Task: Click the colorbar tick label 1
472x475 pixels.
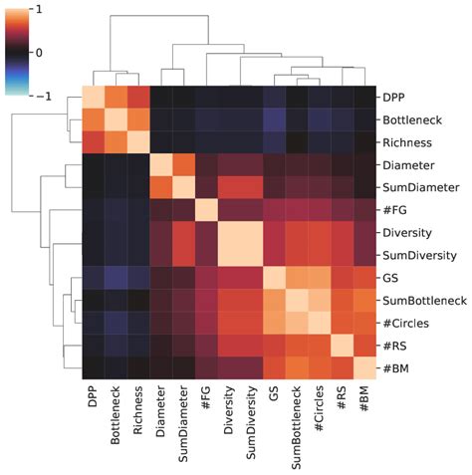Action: click(37, 9)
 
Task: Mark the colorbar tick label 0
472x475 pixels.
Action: click(37, 52)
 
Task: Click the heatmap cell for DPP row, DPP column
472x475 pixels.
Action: click(92, 98)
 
